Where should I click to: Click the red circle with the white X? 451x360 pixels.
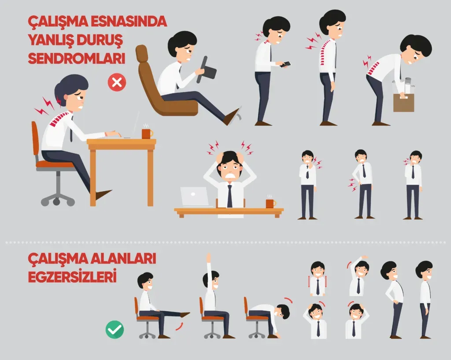(117, 82)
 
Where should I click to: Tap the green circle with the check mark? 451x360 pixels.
(115, 330)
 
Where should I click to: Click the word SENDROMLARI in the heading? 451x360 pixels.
(77, 59)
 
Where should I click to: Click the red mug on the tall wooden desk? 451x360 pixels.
(147, 134)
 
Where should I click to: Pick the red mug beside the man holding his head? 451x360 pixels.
(270, 203)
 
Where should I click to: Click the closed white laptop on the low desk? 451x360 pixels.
(195, 197)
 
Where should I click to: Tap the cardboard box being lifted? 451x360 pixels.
(404, 102)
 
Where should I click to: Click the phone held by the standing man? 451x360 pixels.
(285, 64)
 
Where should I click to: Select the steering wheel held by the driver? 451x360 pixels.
(206, 70)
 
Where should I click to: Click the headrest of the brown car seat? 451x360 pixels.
(142, 53)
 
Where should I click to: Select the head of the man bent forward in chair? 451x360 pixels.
(282, 312)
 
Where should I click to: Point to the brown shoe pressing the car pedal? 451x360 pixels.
(232, 117)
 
